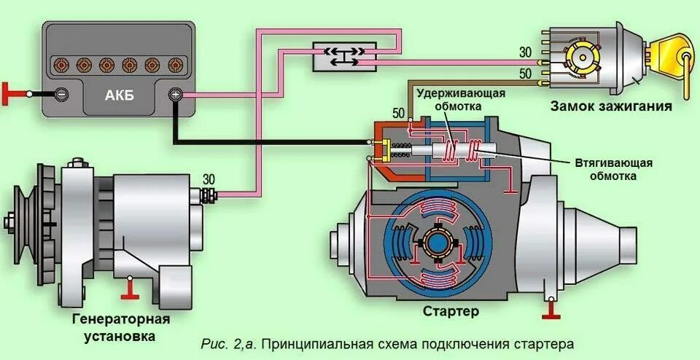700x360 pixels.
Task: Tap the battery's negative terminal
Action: tap(62, 94)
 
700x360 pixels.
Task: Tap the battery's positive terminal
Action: tap(175, 94)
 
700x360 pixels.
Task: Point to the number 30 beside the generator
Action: tap(209, 179)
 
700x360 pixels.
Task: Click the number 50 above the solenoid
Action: tap(398, 112)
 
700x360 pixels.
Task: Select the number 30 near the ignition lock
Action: tap(525, 52)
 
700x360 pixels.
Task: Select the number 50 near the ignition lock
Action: tap(525, 74)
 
